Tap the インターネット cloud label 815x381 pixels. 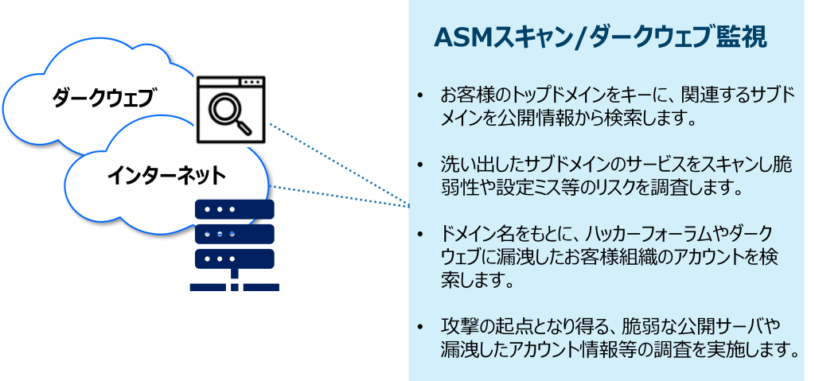[x=166, y=174]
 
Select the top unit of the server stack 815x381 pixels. [x=235, y=209]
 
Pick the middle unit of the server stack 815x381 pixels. [x=235, y=234]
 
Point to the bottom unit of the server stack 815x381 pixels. [x=235, y=259]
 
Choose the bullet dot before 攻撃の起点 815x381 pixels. [x=421, y=327]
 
